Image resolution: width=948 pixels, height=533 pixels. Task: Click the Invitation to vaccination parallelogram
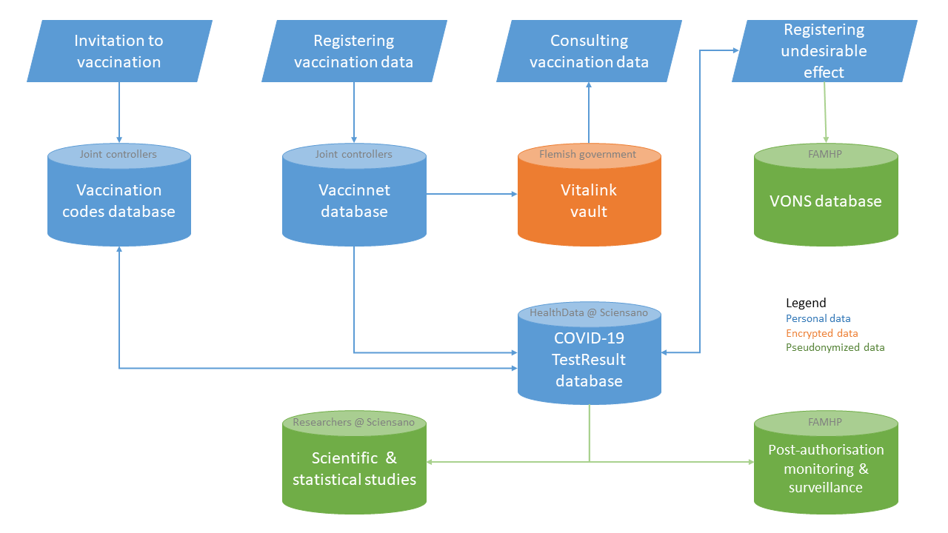tap(119, 51)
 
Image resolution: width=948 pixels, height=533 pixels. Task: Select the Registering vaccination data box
tap(354, 51)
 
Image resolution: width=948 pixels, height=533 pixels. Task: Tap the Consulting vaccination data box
tap(589, 51)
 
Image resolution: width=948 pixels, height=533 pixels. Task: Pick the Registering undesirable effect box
tap(824, 51)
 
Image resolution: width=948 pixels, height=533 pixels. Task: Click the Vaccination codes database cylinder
tap(118, 201)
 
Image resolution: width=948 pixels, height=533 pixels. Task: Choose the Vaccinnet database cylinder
tap(354, 201)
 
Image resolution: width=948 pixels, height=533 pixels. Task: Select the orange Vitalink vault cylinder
tap(589, 201)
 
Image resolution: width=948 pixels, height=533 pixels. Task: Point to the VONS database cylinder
tap(826, 201)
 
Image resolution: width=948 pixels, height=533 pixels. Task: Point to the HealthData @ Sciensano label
tap(589, 312)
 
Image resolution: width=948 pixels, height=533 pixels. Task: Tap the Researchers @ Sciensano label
tap(353, 423)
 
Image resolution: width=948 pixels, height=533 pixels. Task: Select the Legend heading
tap(806, 304)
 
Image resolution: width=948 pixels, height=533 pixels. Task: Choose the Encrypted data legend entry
tap(821, 333)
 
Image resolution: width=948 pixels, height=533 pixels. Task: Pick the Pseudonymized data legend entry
tap(835, 347)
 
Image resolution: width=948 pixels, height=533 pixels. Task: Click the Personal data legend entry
tap(818, 319)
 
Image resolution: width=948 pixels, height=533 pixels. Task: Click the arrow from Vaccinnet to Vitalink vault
tap(472, 195)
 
